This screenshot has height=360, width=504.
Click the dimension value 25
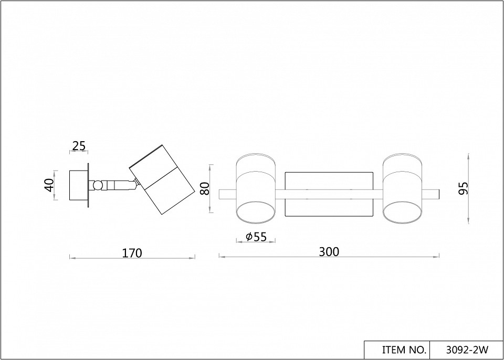pos(79,146)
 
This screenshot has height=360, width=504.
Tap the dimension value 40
pos(49,185)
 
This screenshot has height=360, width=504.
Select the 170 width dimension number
pos(132,253)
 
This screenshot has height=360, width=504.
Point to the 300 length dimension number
pos(329,252)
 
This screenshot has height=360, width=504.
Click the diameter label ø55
pos(256,237)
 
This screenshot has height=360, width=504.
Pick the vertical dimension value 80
pos(204,188)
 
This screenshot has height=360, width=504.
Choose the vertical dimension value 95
pos(464,188)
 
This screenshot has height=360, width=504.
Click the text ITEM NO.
pos(404,350)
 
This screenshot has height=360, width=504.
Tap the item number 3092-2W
pos(467,350)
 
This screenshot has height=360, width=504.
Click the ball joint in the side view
pos(97,185)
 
